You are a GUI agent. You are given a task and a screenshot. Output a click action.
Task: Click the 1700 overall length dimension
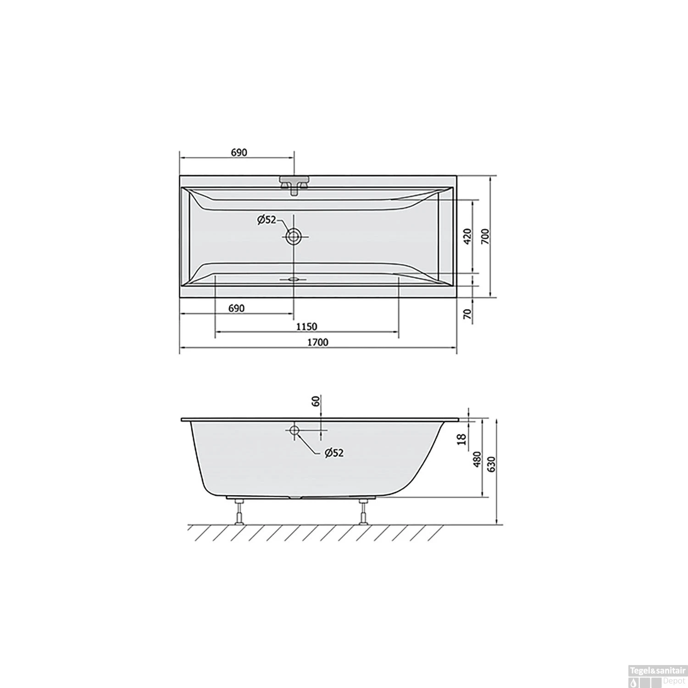[x=318, y=342]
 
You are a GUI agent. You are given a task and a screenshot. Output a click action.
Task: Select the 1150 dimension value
[x=306, y=327]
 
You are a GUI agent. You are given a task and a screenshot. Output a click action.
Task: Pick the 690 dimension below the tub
[x=236, y=308]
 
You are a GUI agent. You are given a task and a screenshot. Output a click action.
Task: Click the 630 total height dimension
[x=492, y=464]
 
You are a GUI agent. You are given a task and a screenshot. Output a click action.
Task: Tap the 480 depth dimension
[x=477, y=459]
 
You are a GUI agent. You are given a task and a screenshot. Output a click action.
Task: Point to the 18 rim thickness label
[x=462, y=439]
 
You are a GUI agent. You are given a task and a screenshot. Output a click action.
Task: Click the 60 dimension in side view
[x=316, y=401]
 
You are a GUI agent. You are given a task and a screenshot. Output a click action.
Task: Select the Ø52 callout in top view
[x=266, y=220]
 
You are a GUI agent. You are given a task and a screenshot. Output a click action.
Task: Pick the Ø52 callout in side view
[x=334, y=453]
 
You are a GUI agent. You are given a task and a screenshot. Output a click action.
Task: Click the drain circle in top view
[x=294, y=237]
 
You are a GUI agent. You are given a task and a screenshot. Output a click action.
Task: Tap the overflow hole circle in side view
[x=294, y=430]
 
